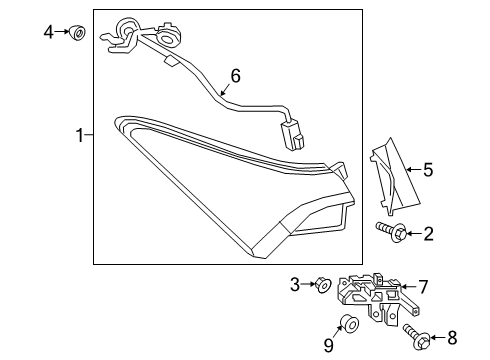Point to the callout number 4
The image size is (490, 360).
tap(48, 33)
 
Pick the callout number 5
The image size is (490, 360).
tap(427, 170)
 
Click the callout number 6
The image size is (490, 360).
tap(235, 75)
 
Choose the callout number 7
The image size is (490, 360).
tap(423, 286)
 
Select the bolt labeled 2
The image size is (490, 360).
tap(392, 233)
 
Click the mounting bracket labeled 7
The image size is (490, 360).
tap(370, 296)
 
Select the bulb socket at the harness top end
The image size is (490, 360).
tap(128, 30)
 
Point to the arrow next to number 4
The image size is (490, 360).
tap(61, 33)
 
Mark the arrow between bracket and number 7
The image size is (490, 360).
tap(408, 286)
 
